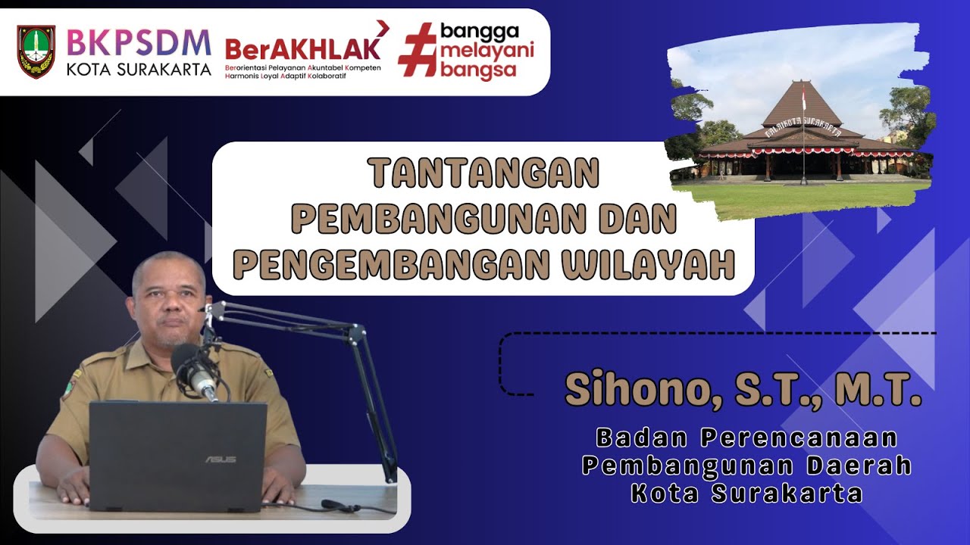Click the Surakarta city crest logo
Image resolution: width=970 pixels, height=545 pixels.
click(36, 51)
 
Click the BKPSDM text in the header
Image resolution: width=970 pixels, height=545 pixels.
click(139, 42)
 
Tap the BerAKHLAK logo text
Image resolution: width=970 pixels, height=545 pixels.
click(302, 48)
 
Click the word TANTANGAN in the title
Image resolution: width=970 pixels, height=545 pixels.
click(484, 175)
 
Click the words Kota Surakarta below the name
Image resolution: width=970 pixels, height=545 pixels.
click(746, 494)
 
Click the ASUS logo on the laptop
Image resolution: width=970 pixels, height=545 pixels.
click(220, 459)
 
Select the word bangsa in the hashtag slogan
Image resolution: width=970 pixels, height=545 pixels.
click(488, 71)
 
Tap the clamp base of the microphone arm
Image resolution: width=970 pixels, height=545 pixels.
click(390, 473)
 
